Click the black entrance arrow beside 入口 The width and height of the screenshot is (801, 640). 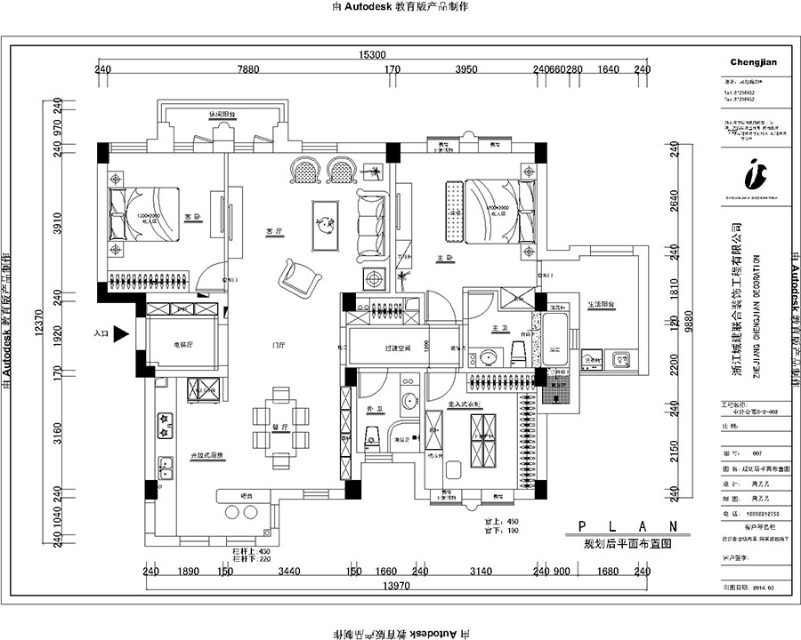tap(120, 334)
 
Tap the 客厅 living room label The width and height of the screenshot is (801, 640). tap(273, 231)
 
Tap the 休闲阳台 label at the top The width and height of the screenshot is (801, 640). tap(222, 115)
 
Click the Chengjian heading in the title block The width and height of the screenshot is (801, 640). tap(754, 62)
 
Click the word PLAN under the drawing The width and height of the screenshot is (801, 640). tap(626, 525)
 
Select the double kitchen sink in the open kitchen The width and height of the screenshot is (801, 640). tap(165, 466)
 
